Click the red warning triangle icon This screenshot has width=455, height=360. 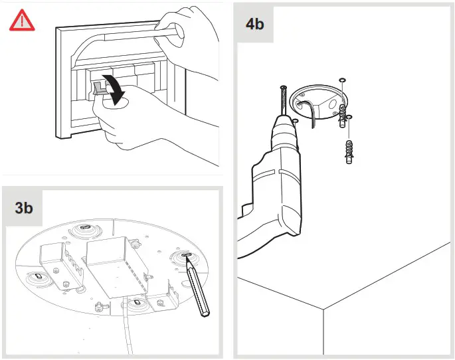22,22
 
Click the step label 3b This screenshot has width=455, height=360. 24,207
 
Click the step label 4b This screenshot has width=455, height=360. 254,25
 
